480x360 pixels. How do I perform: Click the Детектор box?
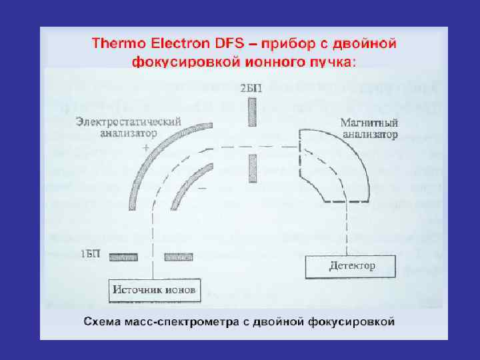pos(351,266)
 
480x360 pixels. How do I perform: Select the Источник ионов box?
pos(155,291)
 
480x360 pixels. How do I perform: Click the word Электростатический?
pos(128,122)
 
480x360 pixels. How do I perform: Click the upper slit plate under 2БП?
pos(251,111)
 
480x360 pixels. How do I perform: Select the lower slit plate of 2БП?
pos(251,168)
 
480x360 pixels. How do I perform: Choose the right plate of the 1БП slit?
pos(179,256)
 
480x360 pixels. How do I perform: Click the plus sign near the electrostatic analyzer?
pos(146,151)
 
